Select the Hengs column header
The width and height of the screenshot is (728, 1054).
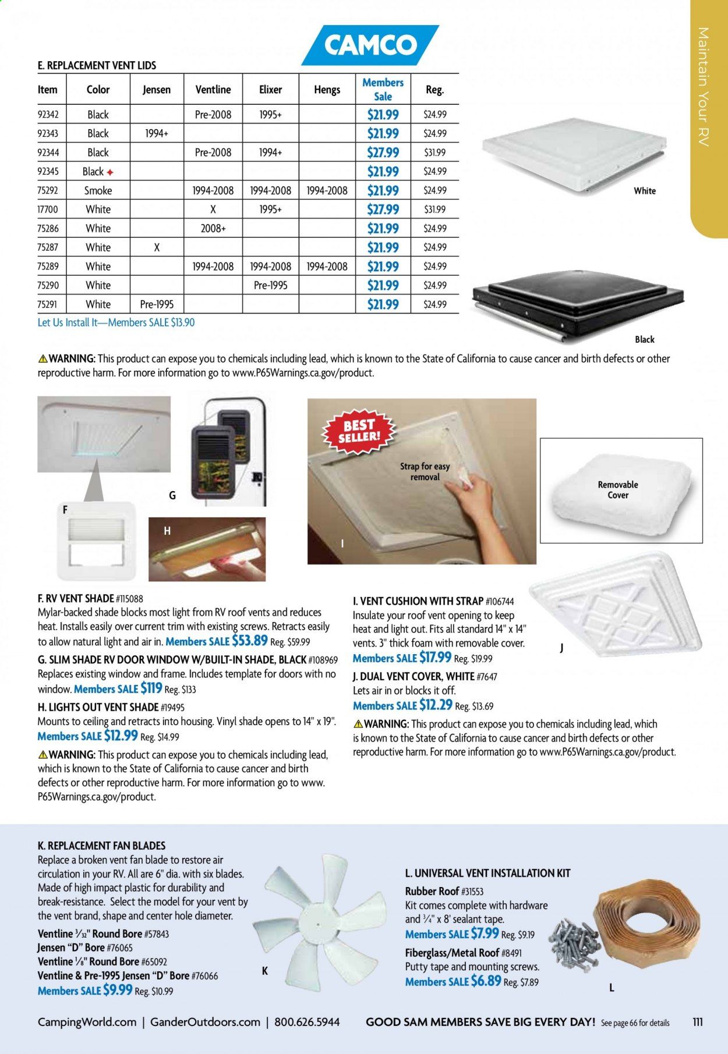[327, 90]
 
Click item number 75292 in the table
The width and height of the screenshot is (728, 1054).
[48, 190]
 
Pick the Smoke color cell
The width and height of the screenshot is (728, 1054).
[98, 190]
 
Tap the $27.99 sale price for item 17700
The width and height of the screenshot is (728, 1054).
[383, 210]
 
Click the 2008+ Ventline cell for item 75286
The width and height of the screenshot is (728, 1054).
[213, 228]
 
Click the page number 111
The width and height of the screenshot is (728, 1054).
[698, 1022]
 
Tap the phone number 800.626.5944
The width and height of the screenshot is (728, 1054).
[306, 1022]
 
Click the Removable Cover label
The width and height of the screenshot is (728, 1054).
[618, 489]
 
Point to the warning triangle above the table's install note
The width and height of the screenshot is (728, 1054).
[43, 358]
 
